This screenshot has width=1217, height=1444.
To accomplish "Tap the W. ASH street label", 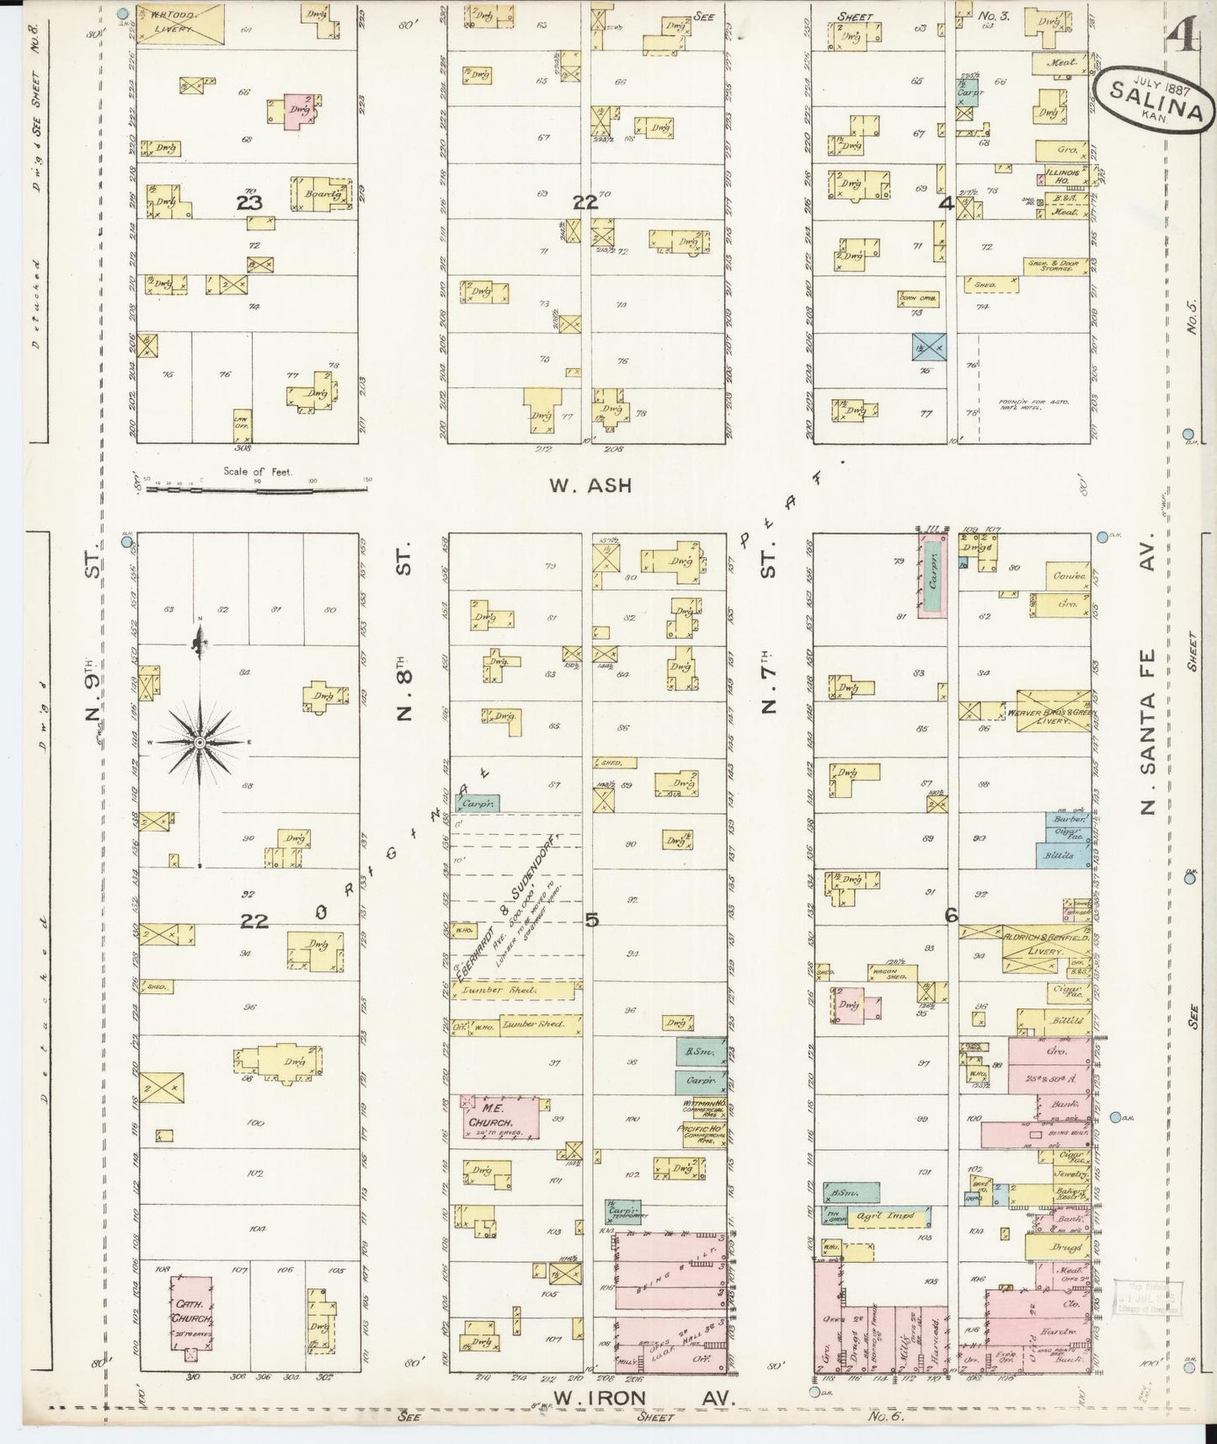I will [590, 486].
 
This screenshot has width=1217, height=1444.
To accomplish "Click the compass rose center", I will [200, 742].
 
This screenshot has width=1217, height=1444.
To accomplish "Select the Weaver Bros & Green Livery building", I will [1053, 709].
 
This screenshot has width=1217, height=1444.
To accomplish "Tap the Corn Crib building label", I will [918, 299].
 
